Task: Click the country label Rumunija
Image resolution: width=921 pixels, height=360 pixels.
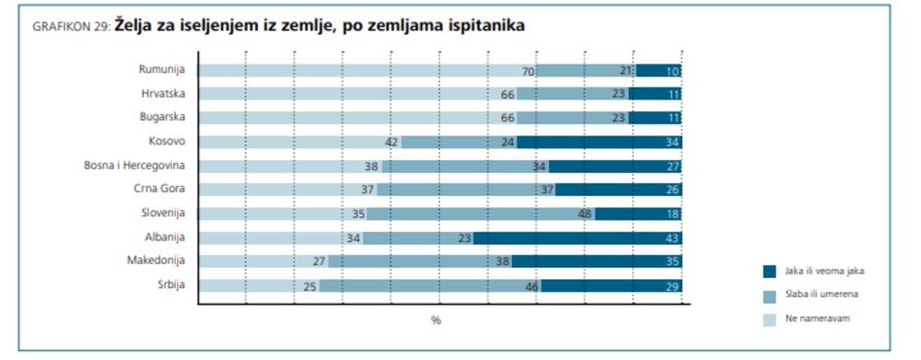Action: (162, 70)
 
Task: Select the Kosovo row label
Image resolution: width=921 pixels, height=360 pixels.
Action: (167, 141)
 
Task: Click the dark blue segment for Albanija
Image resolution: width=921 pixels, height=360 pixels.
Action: (577, 238)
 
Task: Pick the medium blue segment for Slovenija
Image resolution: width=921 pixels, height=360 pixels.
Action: (480, 214)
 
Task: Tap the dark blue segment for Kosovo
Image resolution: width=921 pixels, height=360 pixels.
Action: (599, 142)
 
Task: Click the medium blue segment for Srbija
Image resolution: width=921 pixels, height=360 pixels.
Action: (429, 285)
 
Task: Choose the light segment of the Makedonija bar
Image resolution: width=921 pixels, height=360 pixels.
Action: (262, 261)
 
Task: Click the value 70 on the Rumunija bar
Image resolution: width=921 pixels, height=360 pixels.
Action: (528, 71)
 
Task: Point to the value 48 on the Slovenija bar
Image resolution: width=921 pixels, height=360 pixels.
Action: (586, 214)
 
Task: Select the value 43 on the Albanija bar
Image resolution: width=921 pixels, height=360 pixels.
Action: (671, 238)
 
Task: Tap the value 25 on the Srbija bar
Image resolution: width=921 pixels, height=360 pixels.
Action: (310, 286)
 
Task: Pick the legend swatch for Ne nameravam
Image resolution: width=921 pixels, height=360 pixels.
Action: (770, 318)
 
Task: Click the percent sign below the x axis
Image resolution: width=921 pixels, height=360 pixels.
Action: (436, 320)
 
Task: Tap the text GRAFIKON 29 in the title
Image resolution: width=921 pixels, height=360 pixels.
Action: (71, 29)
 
